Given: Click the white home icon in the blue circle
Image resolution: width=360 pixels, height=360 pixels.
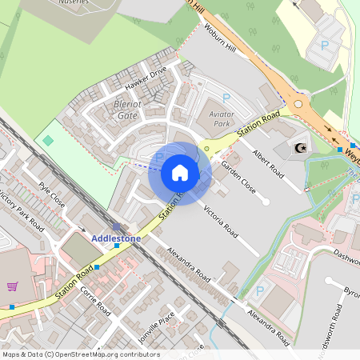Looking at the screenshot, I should tap(180, 172).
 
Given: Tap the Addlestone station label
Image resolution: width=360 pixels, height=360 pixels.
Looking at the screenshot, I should tap(116, 238).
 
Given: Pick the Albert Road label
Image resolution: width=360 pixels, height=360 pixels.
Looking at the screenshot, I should tap(267, 161).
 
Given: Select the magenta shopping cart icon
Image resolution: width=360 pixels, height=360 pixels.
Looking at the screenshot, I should tap(12, 286).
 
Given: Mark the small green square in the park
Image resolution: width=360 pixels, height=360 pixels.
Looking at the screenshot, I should tap(48, 141).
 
